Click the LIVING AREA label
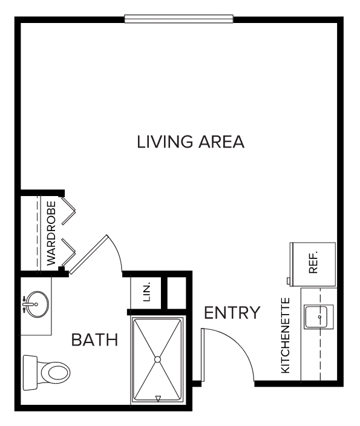(191, 142)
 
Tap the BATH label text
(94, 339)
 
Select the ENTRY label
(232, 313)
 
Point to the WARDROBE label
(51, 233)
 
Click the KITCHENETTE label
(286, 335)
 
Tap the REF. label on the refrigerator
(313, 262)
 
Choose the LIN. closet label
(146, 292)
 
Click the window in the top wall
(178, 19)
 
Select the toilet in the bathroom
(47, 373)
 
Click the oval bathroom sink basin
(38, 304)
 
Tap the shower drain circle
(157, 359)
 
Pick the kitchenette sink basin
(316, 317)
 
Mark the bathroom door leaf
(88, 254)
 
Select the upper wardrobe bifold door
(68, 211)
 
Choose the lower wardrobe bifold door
(68, 252)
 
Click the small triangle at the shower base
(158, 399)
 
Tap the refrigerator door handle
(289, 281)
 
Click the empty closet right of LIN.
(177, 293)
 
